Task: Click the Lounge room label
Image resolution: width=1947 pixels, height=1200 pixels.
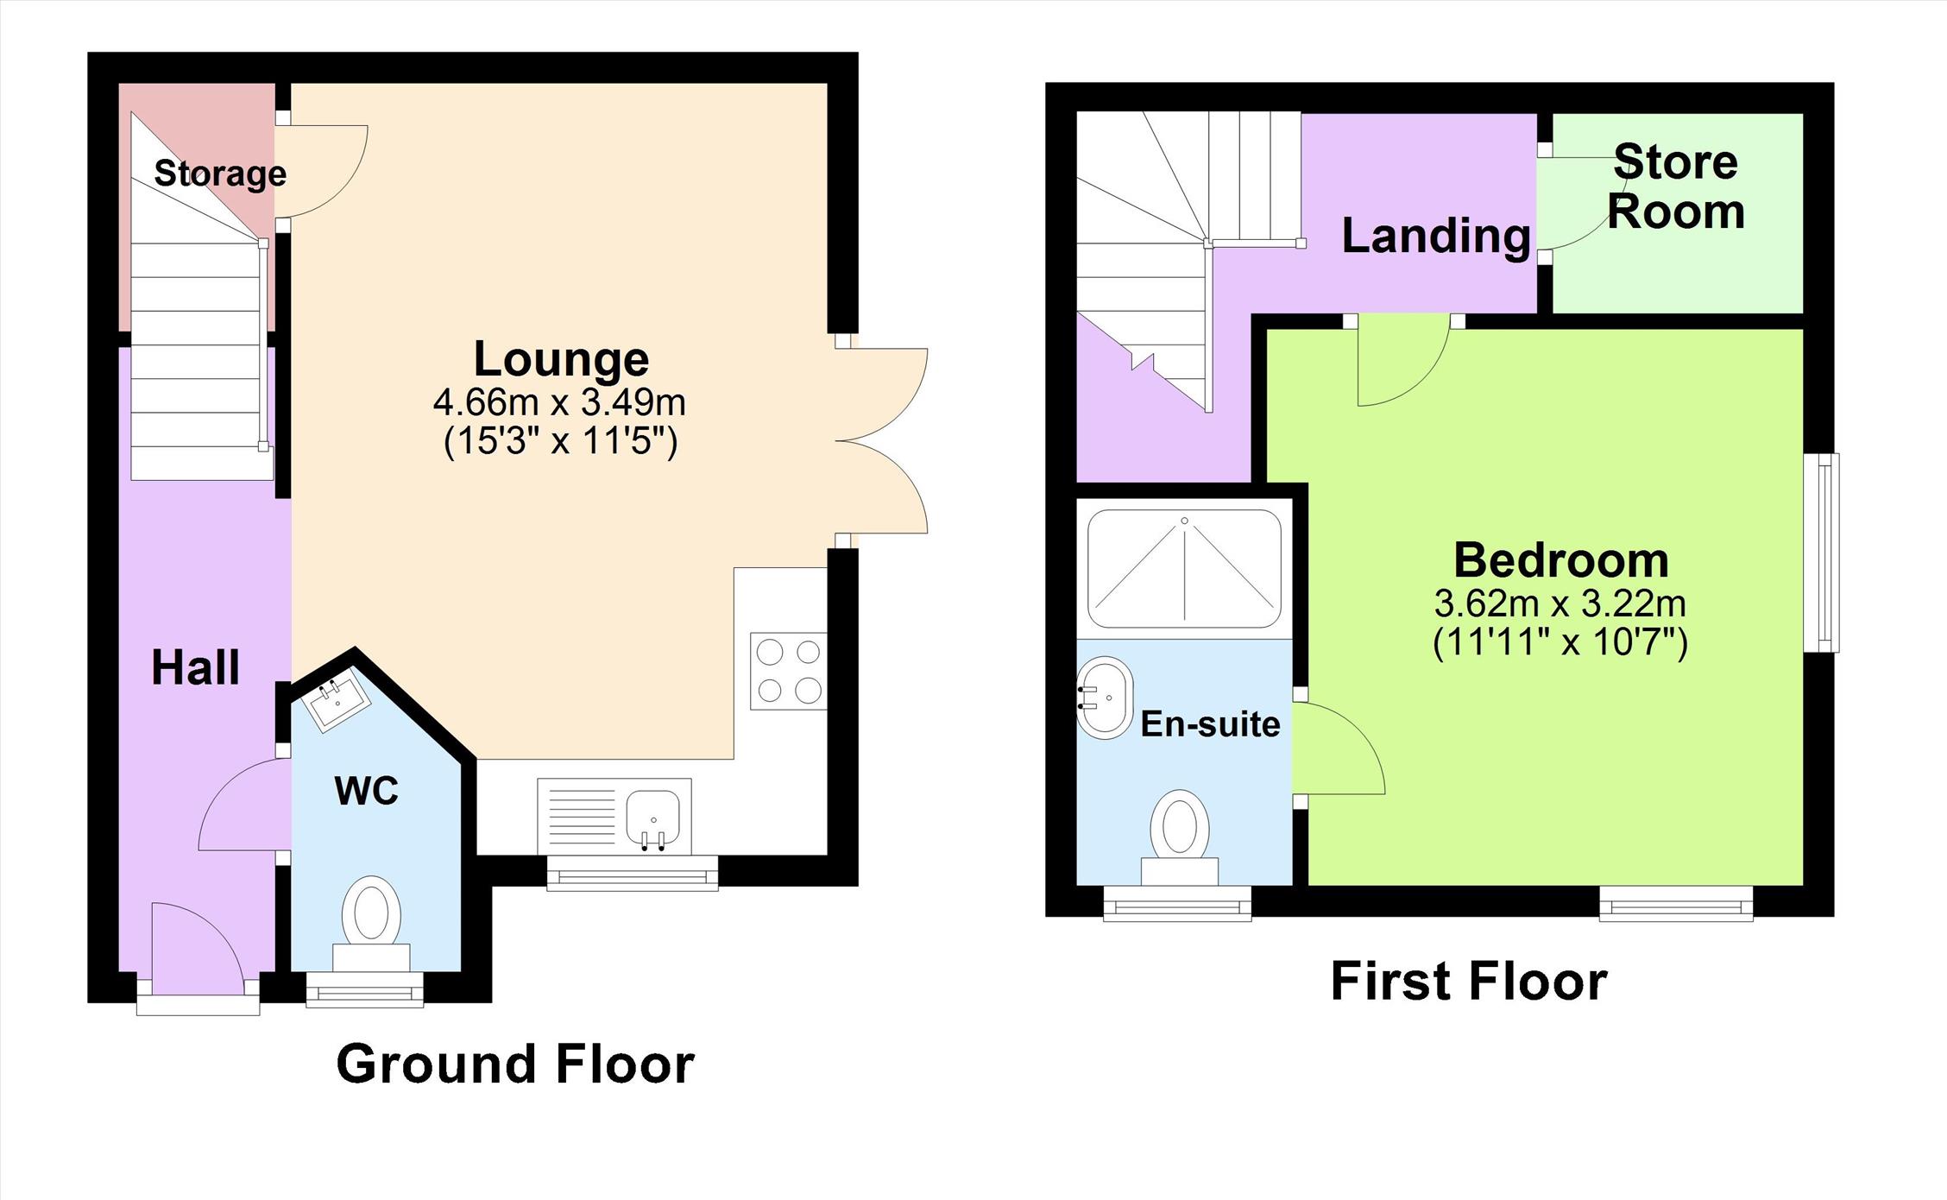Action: (x=561, y=361)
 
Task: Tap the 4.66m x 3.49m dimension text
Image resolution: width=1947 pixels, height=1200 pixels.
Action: (x=559, y=402)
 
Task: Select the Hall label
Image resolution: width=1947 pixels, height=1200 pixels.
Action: (x=196, y=667)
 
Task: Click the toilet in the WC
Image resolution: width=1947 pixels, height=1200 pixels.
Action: (x=371, y=923)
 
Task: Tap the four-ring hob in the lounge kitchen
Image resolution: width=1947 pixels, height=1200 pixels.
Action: (x=788, y=671)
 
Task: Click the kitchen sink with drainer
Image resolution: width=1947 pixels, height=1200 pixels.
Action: (x=614, y=816)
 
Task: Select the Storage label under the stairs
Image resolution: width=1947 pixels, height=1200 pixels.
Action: (x=220, y=174)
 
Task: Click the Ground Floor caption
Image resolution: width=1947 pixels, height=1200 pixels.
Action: (x=515, y=1064)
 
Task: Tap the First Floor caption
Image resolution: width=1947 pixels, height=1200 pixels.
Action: (x=1469, y=981)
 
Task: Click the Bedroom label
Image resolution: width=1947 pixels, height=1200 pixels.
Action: (x=1560, y=560)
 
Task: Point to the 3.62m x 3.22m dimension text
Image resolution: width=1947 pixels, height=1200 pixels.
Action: (x=1560, y=603)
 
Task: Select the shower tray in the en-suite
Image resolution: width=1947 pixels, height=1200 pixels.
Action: (x=1184, y=568)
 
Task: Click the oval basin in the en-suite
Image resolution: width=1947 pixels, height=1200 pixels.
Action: (x=1104, y=698)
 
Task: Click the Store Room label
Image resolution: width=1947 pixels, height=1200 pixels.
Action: (x=1675, y=186)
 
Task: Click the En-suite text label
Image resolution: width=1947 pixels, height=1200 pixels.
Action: (x=1210, y=724)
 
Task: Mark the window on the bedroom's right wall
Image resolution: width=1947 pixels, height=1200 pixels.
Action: (x=1822, y=552)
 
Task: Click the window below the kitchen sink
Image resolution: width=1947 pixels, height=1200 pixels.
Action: (x=633, y=873)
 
